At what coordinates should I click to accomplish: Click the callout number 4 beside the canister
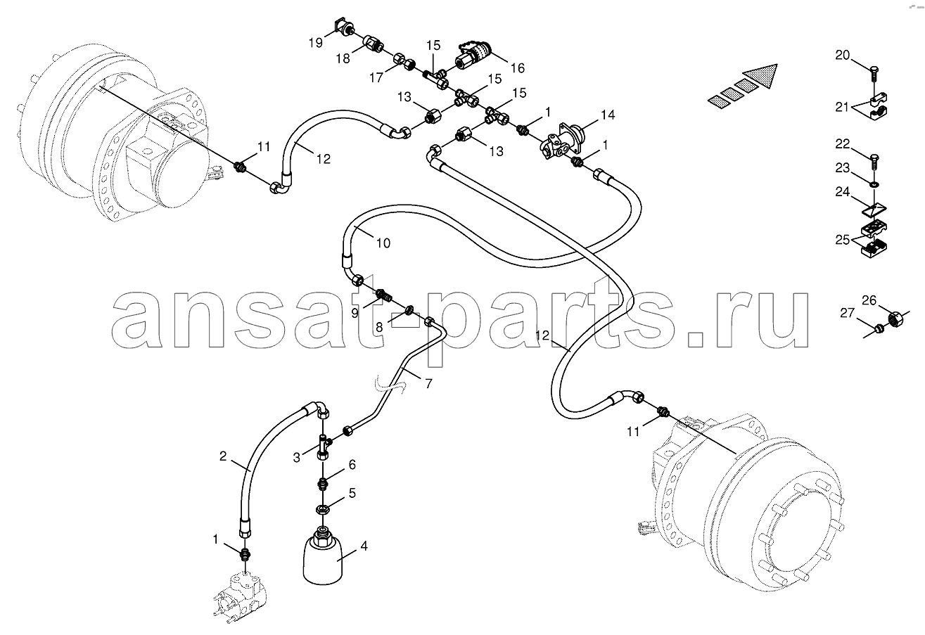tap(364, 546)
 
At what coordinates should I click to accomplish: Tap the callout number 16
tap(518, 68)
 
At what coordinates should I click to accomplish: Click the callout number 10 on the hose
tap(383, 243)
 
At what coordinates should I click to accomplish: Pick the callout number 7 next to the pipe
tap(428, 383)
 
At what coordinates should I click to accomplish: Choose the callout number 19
tap(316, 42)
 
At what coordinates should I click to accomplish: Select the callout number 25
tap(843, 240)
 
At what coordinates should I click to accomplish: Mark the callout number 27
tap(847, 313)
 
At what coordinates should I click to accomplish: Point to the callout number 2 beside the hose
tap(223, 456)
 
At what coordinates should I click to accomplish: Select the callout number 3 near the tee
tap(297, 458)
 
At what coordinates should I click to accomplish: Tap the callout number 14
tap(608, 115)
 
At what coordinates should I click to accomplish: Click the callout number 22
tap(843, 143)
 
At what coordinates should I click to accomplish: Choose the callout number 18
tap(343, 58)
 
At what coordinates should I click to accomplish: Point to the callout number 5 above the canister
tap(352, 493)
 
